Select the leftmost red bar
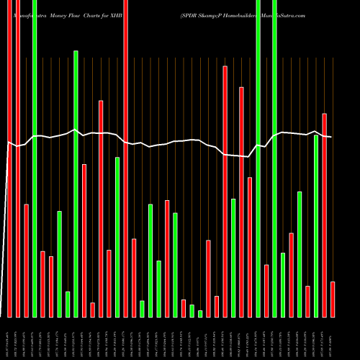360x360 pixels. tap(9, 158)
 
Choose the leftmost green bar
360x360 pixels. tap(35, 158)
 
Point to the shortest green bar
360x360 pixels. tap(200, 313)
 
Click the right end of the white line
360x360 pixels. tap(330, 137)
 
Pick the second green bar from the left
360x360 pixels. tap(60, 264)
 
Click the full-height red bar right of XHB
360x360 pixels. tap(126, 158)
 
